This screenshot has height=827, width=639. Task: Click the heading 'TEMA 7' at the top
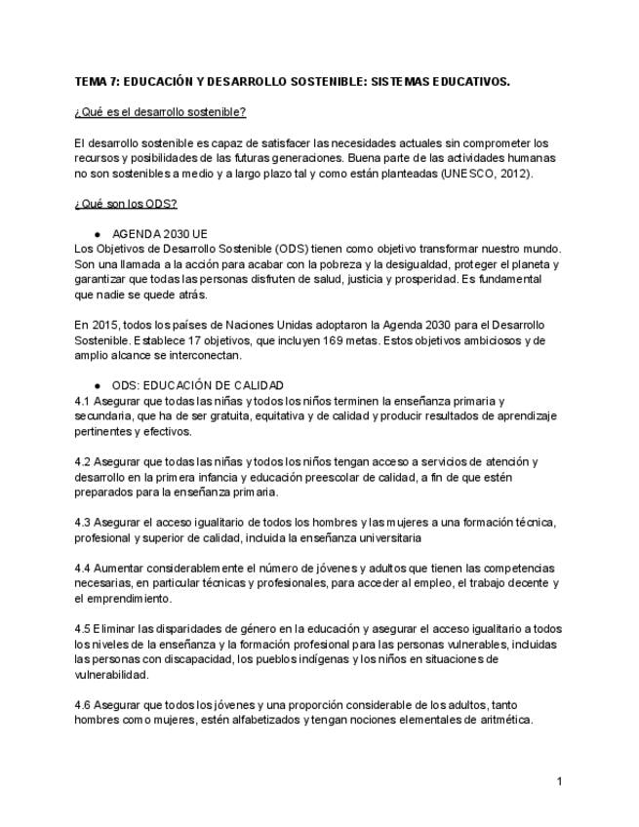point(100,82)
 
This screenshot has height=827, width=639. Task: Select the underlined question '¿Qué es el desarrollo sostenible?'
point(160,112)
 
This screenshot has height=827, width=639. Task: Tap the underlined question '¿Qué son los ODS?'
point(125,203)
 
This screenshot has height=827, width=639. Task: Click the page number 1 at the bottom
point(560,781)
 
